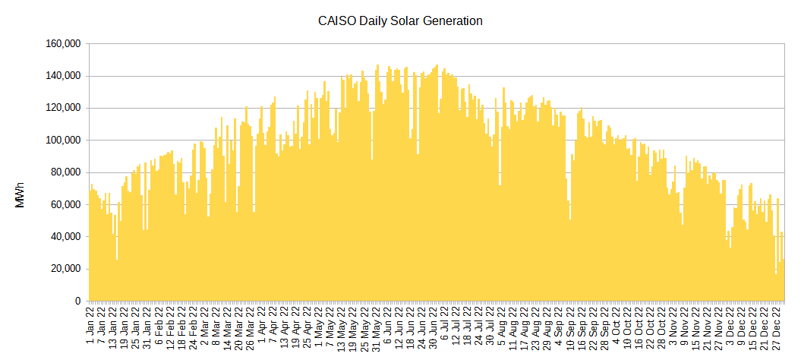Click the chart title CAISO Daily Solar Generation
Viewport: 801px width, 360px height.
[400, 21]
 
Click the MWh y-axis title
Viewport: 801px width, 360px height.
[20, 195]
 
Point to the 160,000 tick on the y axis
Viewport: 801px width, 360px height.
[64, 44]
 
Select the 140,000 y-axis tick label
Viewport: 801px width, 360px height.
[64, 76]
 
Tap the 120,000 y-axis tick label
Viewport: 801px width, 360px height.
[64, 108]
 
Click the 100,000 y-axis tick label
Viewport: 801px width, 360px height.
[64, 141]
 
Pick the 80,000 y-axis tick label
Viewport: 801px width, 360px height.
[66, 172]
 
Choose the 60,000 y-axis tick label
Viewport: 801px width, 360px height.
[66, 204]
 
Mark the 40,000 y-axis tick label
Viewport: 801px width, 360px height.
[66, 237]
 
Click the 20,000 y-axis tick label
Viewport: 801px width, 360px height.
[66, 269]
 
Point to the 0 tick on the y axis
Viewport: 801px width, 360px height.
[77, 301]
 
